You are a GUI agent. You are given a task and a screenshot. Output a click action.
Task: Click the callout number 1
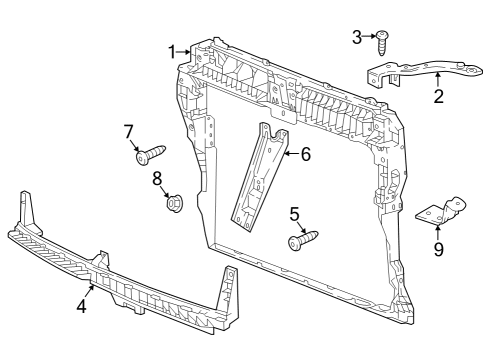tap(172, 52)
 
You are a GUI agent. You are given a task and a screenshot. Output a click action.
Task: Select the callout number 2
tap(439, 96)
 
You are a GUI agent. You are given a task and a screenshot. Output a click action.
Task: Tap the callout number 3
tap(357, 37)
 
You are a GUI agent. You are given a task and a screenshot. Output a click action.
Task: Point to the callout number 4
tap(82, 306)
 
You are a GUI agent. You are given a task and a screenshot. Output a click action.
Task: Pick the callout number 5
tap(295, 214)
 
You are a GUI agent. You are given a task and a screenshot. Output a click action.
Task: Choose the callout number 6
tap(306, 154)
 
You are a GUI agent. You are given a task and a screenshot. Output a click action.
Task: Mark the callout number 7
tap(129, 131)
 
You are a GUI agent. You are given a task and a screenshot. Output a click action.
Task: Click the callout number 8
tap(157, 178)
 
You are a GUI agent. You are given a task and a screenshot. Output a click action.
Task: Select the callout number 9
tap(439, 249)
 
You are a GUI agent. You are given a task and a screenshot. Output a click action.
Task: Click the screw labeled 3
tap(382, 43)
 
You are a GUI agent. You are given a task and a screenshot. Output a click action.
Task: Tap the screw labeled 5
tap(303, 240)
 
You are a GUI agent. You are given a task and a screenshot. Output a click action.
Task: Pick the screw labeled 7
tap(151, 153)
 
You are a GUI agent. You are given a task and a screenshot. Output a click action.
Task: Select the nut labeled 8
tap(175, 203)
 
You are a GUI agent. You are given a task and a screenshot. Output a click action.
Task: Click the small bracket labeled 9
tap(440, 212)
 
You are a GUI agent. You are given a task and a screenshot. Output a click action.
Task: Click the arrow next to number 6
tap(292, 154)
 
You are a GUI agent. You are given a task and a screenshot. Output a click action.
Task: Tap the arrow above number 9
tap(438, 233)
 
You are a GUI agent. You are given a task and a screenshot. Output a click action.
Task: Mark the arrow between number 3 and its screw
tap(370, 36)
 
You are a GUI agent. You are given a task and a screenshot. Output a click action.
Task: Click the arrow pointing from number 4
tap(89, 292)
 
